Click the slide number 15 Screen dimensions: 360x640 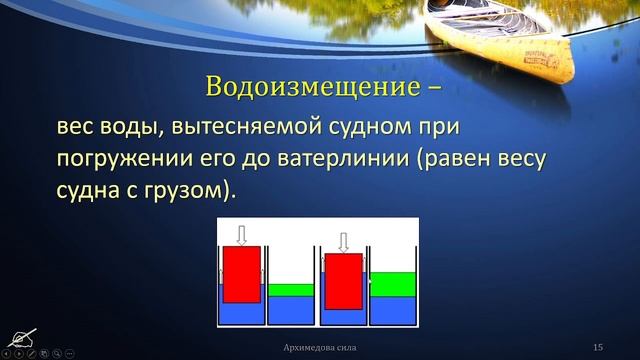(x=597, y=346)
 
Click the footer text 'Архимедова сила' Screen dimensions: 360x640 (x=318, y=346)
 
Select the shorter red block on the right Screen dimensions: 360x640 (x=343, y=281)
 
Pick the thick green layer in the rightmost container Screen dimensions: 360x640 (x=392, y=284)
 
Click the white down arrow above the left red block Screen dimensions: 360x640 (x=241, y=233)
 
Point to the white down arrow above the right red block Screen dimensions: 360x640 (x=343, y=241)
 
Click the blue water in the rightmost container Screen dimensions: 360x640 (x=392, y=310)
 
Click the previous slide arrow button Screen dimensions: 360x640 (x=7, y=353)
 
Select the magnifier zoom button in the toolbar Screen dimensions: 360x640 (x=57, y=353)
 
